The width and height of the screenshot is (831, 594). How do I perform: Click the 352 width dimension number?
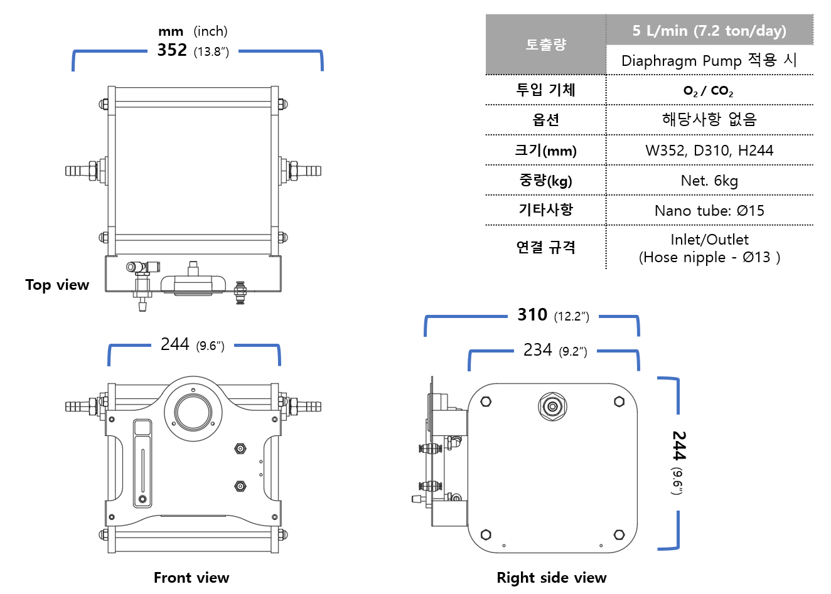pos(172,50)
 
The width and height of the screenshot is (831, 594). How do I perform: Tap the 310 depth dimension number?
pos(532,315)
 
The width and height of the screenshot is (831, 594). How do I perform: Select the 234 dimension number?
pos(538,350)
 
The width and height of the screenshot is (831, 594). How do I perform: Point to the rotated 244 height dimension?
pos(679,445)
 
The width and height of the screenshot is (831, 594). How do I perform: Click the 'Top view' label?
pos(57,285)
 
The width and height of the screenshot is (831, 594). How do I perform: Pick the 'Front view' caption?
pos(191,578)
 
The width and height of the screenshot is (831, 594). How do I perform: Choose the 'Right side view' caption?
pos(551,578)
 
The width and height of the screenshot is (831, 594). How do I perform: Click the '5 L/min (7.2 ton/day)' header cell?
pos(709,31)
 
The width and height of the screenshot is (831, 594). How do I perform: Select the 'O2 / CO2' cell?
pos(709,91)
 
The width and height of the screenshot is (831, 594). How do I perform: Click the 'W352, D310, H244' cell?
pos(709,151)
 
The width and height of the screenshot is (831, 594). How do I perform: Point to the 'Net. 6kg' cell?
pos(709,181)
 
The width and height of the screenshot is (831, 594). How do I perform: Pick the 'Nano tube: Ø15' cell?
pos(709,211)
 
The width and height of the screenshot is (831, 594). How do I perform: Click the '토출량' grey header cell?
pos(545,45)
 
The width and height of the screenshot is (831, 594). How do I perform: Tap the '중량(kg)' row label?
pos(545,181)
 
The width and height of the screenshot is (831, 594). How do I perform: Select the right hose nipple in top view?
pos(309,171)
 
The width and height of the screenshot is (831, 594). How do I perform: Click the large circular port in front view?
pos(193,412)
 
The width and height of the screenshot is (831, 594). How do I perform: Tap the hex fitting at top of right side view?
pos(552,406)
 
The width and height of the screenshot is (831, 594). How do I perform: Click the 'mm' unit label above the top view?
pos(171,31)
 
